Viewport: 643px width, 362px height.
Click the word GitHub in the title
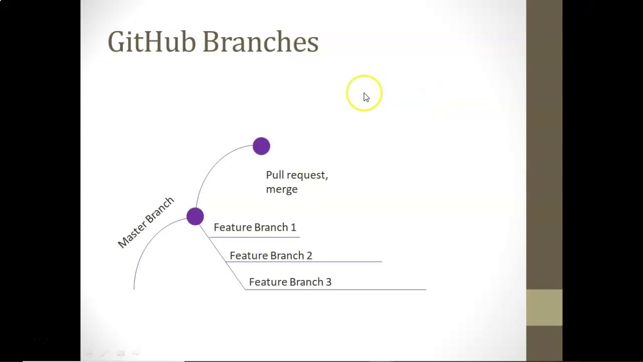pos(151,42)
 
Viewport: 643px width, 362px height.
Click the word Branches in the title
pos(260,42)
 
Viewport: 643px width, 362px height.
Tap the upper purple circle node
pos(261,146)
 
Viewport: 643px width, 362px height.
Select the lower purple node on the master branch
pos(195,217)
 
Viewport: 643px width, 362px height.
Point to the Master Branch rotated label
pos(146,222)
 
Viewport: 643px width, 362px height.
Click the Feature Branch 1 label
pos(255,227)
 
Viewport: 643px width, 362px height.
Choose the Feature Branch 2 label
pos(271,255)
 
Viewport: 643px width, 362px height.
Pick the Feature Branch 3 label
pos(290,282)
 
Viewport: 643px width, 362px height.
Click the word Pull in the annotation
pos(275,175)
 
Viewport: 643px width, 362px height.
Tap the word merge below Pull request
pos(282,189)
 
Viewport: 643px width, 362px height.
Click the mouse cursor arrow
pos(366,97)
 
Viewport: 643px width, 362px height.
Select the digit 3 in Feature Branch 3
pos(329,282)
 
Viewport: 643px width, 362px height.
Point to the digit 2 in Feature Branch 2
pos(309,255)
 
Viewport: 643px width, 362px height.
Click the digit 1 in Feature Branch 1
pos(293,227)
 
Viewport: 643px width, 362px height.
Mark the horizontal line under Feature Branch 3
pos(352,290)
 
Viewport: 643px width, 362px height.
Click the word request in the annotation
pos(307,175)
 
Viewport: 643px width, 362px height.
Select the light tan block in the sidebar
pos(544,307)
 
